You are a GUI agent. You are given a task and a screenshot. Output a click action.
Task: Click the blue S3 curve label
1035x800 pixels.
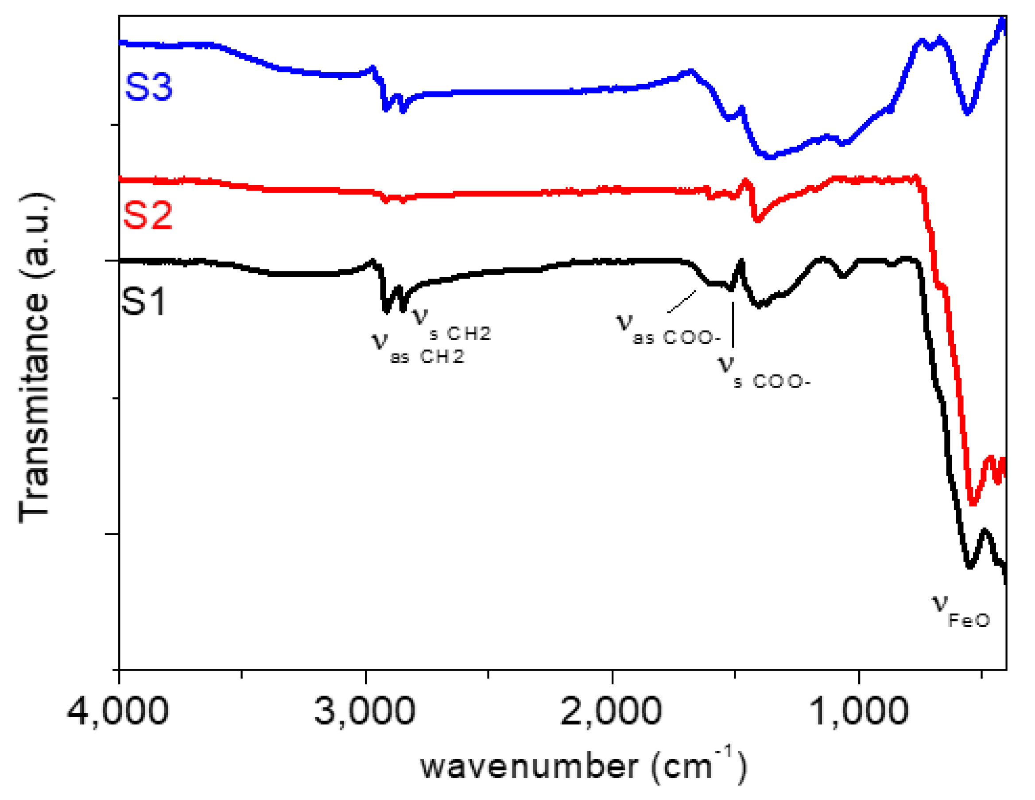point(148,87)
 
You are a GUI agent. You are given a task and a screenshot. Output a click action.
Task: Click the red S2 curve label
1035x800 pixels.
point(147,215)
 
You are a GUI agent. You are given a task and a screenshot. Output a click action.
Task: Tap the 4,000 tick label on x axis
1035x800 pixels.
point(117,711)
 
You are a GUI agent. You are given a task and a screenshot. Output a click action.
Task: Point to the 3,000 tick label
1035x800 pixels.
point(364,711)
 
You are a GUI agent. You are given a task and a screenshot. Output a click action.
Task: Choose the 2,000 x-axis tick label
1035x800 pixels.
point(611,711)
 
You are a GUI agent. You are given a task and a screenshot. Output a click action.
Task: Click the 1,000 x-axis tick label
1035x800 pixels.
point(858,711)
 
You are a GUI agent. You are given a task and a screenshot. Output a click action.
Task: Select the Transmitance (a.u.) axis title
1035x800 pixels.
point(34,358)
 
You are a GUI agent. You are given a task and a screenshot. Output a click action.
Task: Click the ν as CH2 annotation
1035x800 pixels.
point(417,348)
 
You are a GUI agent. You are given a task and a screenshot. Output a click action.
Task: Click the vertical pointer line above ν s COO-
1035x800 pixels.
point(733,325)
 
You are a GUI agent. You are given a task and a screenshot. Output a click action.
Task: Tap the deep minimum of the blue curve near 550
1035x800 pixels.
point(967,112)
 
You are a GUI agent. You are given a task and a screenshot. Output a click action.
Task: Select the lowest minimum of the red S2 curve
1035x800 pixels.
point(973,503)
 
